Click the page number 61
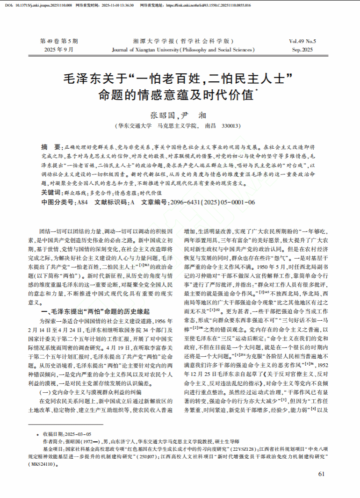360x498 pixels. pos(321,474)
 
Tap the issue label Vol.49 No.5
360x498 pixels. pos(302,41)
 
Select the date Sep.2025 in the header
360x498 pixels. pos(302,49)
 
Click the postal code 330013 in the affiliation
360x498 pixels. pos(230,126)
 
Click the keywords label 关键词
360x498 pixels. pos(51,192)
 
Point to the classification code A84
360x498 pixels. pos(82,202)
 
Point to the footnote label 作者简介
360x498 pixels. pos(53,440)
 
